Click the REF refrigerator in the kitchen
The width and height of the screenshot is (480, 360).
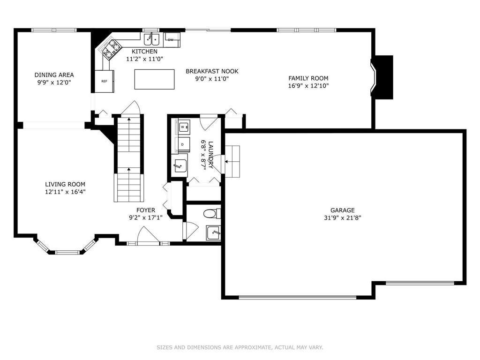click(x=105, y=82)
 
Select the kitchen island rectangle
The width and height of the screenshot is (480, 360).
click(x=155, y=79)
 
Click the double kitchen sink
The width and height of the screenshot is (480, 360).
click(x=152, y=39)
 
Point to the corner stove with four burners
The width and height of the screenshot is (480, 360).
click(x=112, y=49)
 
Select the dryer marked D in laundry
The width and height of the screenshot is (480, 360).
click(x=182, y=144)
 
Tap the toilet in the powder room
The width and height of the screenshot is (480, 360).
click(x=212, y=213)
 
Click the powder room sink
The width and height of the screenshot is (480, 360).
click(x=213, y=233)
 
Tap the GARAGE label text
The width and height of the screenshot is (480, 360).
click(x=342, y=210)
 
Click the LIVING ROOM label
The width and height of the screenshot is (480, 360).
click(x=65, y=184)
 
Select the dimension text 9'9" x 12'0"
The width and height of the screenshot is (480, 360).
click(x=54, y=82)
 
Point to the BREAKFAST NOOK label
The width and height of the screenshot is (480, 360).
click(x=212, y=71)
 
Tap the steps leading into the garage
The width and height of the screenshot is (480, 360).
click(x=232, y=161)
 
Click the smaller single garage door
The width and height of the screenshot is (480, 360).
click(x=420, y=283)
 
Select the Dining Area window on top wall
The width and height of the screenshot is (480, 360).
click(x=54, y=30)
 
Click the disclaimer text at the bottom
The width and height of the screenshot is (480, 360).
click(x=240, y=347)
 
